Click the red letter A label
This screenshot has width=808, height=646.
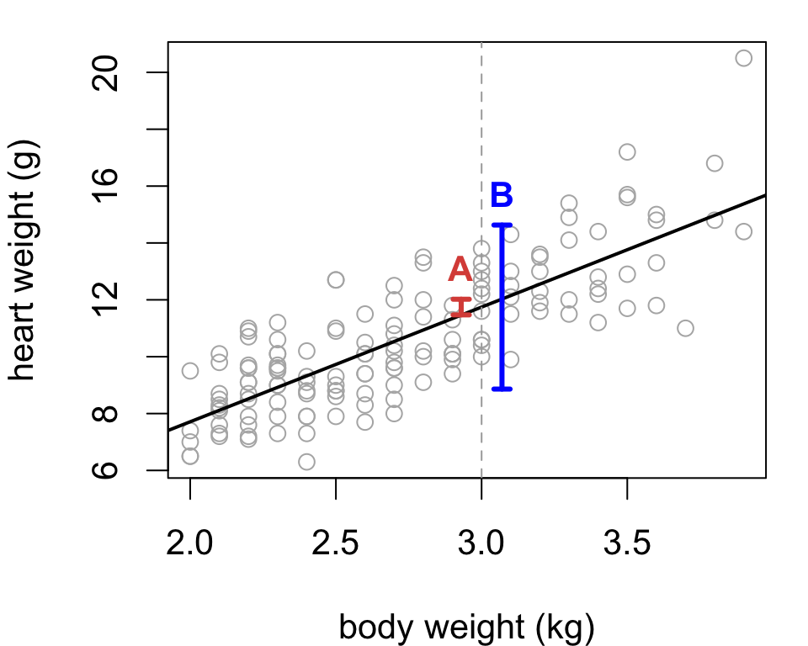460,269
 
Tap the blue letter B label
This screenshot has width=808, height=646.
502,195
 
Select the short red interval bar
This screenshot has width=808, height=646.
461,307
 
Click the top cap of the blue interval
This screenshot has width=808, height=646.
502,225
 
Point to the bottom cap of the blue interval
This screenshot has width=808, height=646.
502,389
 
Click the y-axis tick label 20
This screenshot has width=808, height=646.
105,72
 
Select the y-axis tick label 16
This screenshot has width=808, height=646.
105,186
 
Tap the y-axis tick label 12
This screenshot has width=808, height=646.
105,299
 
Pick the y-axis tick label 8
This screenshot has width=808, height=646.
105,414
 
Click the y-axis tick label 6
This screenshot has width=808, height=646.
105,470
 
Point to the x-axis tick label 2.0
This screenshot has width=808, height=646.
189,543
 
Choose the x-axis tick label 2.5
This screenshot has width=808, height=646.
336,543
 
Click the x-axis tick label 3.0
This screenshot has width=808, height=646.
481,543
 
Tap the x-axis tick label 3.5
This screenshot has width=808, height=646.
627,543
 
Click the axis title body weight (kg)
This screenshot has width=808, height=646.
467,627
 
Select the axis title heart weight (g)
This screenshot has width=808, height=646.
23,260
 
